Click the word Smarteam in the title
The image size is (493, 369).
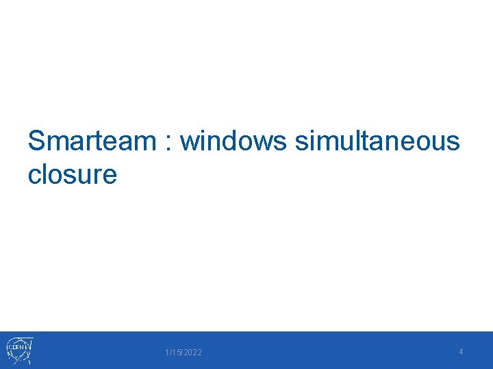click(92, 141)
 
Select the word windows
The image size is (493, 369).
click(234, 141)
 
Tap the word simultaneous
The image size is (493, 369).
click(377, 141)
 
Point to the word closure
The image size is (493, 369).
click(73, 174)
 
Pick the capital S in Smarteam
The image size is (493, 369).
click(37, 141)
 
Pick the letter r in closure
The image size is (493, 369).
click(97, 176)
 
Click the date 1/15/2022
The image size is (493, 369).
click(184, 353)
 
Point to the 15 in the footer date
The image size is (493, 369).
click(175, 353)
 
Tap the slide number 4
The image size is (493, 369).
click(461, 352)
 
